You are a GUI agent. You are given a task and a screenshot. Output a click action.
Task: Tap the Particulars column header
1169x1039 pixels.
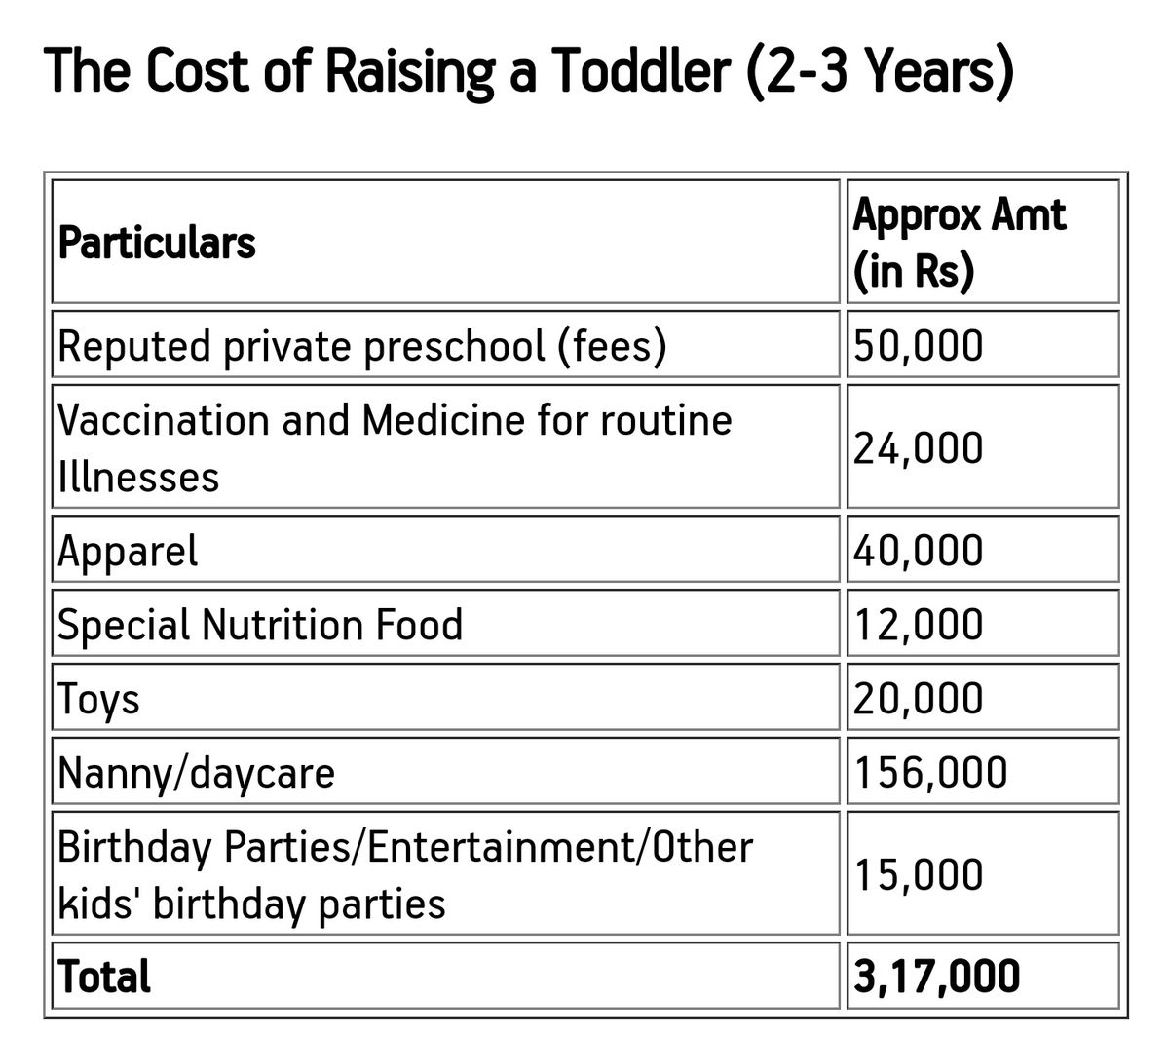(157, 243)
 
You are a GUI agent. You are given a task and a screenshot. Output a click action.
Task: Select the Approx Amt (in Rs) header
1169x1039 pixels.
(959, 243)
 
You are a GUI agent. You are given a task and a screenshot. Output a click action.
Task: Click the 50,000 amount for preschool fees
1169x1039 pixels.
(918, 346)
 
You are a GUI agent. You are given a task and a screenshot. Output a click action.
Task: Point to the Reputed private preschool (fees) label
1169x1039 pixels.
(362, 346)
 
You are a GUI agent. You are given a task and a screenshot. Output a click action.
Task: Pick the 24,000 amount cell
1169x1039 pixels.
(918, 448)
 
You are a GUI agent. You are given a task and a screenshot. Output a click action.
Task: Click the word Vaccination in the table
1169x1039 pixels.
(164, 420)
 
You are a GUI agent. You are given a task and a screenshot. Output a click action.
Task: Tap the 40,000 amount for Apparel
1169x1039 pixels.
(918, 551)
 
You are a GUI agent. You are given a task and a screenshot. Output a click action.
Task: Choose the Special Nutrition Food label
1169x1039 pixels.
(260, 625)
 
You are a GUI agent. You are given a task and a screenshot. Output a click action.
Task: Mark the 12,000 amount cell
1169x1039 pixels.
(918, 625)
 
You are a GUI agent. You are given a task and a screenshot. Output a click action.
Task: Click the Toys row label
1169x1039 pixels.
(98, 700)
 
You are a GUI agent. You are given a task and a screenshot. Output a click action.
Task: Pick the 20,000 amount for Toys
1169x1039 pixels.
(918, 699)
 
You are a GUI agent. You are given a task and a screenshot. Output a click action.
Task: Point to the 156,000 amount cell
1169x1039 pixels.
(930, 772)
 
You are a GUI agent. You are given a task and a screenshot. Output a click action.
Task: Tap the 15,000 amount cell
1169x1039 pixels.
(918, 875)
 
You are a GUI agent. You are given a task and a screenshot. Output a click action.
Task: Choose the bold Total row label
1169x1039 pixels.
(104, 976)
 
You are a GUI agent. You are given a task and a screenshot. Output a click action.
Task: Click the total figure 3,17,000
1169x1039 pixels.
(936, 977)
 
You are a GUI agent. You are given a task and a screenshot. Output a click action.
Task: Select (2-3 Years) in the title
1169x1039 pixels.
(881, 71)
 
